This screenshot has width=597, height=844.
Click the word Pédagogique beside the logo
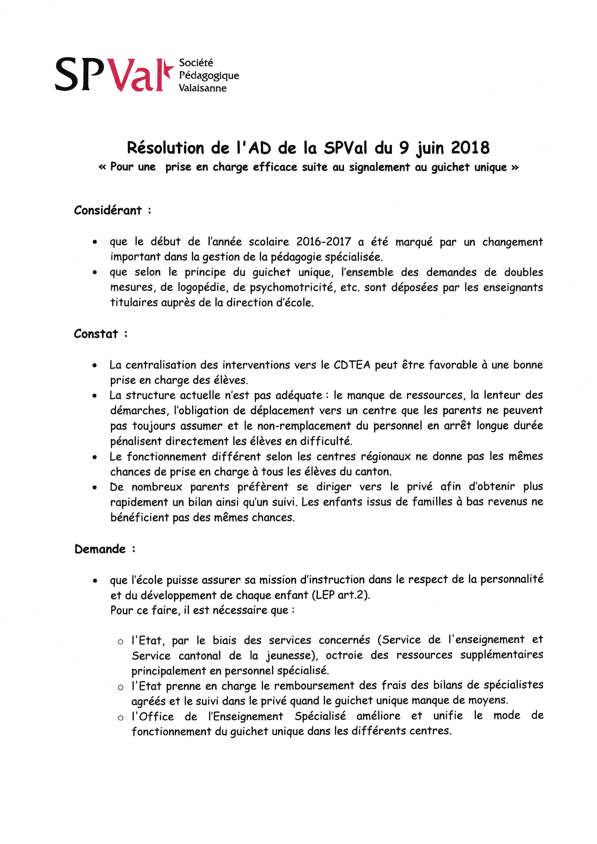click(x=209, y=76)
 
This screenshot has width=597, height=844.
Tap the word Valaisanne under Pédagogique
click(x=202, y=88)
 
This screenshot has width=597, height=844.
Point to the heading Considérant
click(x=108, y=210)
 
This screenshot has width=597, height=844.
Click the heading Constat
click(x=96, y=334)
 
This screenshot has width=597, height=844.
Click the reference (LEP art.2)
click(x=341, y=595)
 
